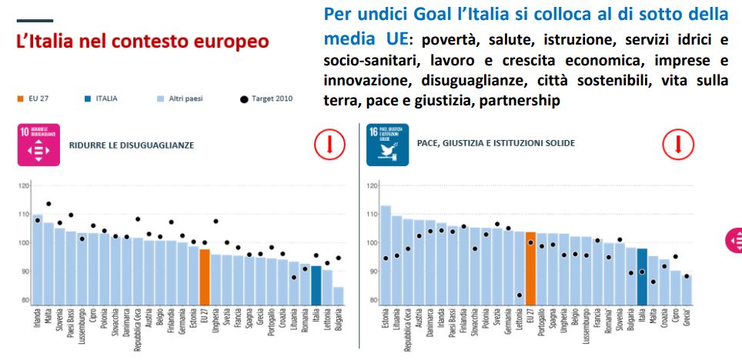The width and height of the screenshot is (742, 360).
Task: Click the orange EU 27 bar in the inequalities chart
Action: coord(205,277)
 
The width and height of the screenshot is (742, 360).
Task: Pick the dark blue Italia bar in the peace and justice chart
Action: coord(643,277)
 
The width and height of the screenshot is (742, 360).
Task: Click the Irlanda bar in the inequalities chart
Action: coord(38,259)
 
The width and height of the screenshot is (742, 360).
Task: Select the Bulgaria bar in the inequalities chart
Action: coord(338,296)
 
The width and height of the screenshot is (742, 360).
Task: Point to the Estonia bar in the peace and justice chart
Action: coord(386,255)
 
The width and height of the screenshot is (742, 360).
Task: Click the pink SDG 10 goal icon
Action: coord(38,145)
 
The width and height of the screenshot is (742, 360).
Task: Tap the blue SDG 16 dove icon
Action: coord(387,145)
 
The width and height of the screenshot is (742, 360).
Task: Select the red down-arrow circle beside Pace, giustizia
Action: coord(678,144)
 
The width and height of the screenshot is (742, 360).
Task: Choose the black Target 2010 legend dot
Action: coord(244,98)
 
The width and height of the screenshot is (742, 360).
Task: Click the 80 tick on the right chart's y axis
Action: coord(373,300)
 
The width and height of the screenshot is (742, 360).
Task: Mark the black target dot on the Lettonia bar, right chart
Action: coord(520,295)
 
